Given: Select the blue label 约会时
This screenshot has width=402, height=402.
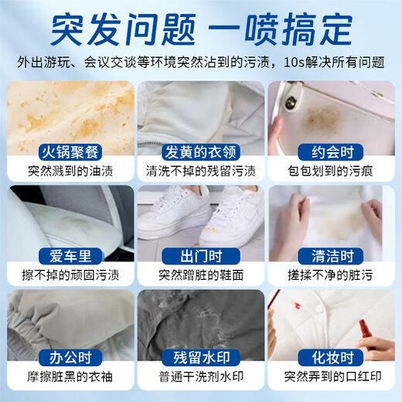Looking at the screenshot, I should pos(332,152).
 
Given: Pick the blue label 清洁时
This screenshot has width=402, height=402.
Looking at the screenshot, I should pos(332,255).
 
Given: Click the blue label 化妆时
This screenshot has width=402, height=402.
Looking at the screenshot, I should pos(332,359).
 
